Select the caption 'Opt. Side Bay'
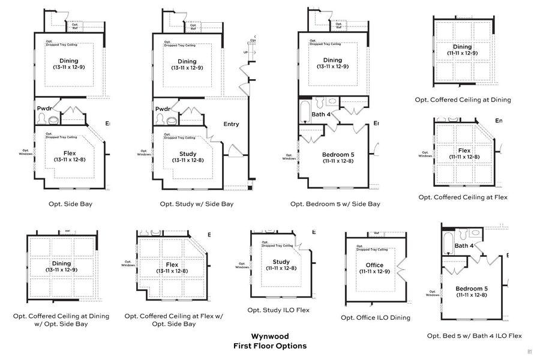click(70, 204)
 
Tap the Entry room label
click(231, 124)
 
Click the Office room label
click(374, 265)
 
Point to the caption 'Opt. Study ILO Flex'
click(278, 310)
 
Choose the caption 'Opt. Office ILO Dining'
click(376, 317)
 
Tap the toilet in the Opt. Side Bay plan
click(52, 119)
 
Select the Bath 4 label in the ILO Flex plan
click(464, 245)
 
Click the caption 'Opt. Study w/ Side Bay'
click(196, 204)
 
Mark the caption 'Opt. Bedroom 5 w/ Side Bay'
click(335, 204)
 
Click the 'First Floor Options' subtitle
click(269, 346)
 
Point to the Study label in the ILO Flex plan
click(281, 262)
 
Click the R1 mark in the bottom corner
click(530, 352)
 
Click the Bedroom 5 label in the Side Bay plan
click(336, 154)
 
